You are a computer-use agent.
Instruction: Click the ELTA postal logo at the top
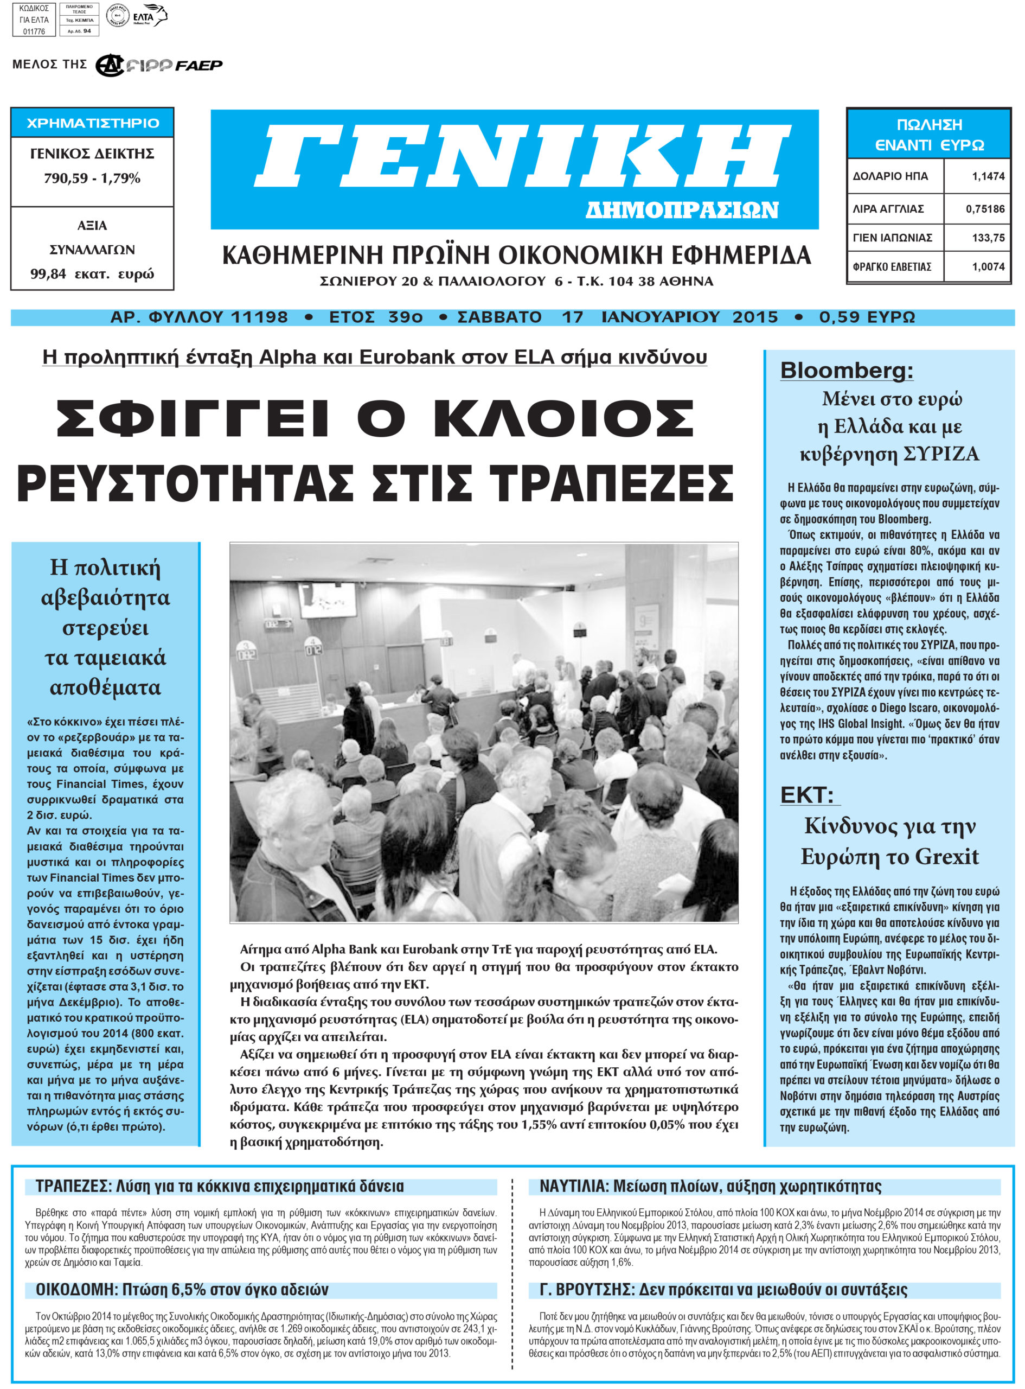click(150, 16)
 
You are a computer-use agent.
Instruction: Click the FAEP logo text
click(198, 65)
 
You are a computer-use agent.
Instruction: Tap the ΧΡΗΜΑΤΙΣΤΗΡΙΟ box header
click(92, 123)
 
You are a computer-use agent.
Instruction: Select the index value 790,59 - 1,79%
click(92, 178)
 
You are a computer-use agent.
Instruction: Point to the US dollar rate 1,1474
click(988, 176)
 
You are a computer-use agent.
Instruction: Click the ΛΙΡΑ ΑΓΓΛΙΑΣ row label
click(888, 209)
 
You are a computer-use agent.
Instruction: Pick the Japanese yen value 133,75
click(988, 238)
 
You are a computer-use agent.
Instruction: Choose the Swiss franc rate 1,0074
click(988, 267)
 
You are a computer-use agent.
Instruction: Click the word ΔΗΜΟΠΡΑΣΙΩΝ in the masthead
click(681, 210)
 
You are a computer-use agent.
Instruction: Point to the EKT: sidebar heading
click(806, 795)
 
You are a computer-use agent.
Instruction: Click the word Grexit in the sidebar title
click(947, 857)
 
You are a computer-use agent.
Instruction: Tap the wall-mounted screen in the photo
click(327, 600)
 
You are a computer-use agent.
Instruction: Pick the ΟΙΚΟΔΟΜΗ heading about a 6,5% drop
click(76, 1289)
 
